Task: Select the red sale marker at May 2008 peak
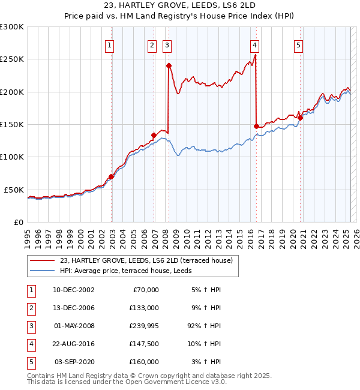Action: (169, 65)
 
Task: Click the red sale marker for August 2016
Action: (256, 126)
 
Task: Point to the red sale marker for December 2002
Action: (111, 176)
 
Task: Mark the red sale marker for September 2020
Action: (300, 118)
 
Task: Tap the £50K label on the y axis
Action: (14, 190)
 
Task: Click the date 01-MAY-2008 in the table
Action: (74, 326)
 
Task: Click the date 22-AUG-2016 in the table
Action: (74, 344)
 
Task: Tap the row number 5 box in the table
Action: (31, 362)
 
